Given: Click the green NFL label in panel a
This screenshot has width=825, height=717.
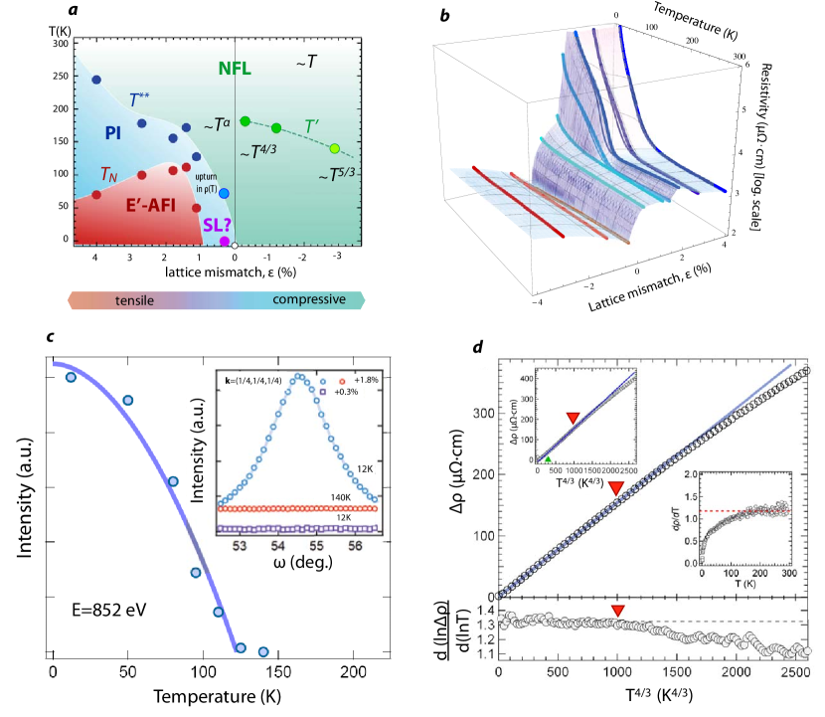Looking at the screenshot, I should coord(235,70).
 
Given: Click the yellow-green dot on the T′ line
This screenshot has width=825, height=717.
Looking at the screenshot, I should coord(335,149).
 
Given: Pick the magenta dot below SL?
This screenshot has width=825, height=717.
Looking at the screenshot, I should coord(225,242).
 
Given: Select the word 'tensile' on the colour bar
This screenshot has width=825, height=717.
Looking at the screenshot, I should coord(131,299).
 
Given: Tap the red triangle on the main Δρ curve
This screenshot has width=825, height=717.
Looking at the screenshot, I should coord(616,487).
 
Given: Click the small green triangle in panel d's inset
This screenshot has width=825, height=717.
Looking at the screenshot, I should coord(549,459).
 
